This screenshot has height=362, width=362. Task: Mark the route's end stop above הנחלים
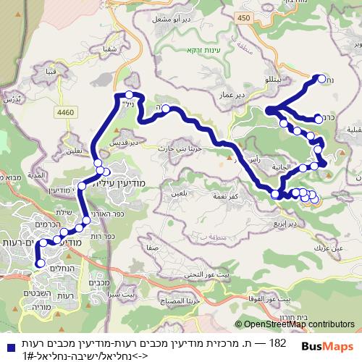pyautogui.click(x=39, y=264)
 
